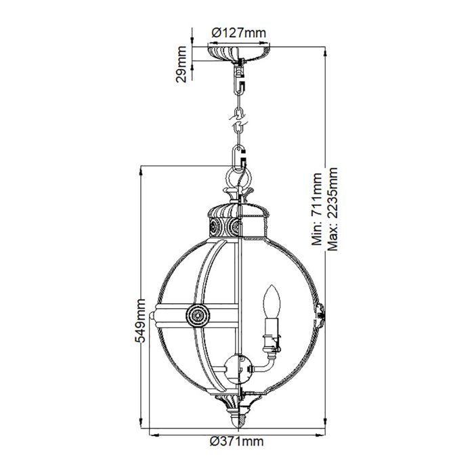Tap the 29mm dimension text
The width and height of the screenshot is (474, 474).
pyautogui.click(x=181, y=65)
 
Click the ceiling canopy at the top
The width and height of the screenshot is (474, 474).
pyautogui.click(x=238, y=53)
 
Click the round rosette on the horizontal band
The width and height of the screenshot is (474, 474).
pyautogui.click(x=197, y=314)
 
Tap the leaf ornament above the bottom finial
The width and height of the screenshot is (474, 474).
pyautogui.click(x=236, y=405)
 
